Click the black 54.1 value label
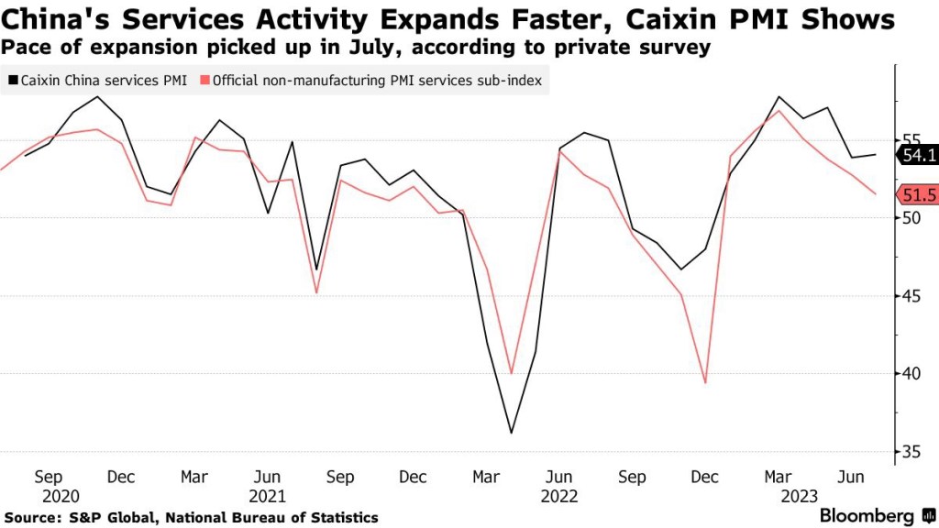[919, 156]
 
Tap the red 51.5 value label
[919, 194]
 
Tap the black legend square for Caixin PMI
[12, 81]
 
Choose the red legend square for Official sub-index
[205, 81]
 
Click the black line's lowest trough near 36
[511, 433]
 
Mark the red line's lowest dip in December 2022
[705, 383]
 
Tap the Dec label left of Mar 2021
[122, 477]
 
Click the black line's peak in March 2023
[779, 96]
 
